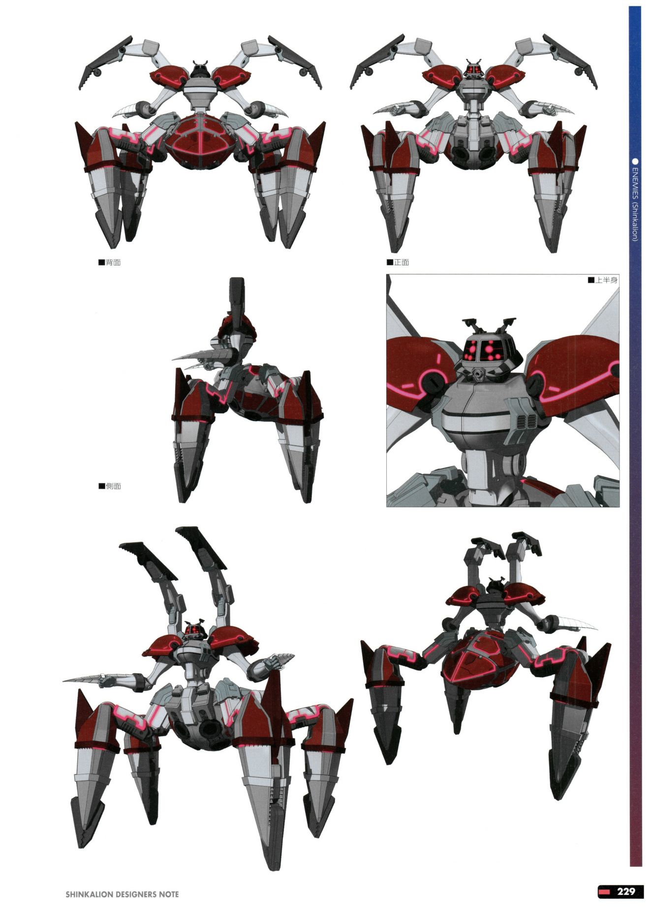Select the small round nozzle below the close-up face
(480, 376)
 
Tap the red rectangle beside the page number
(605, 892)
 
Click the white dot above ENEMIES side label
(635, 161)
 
